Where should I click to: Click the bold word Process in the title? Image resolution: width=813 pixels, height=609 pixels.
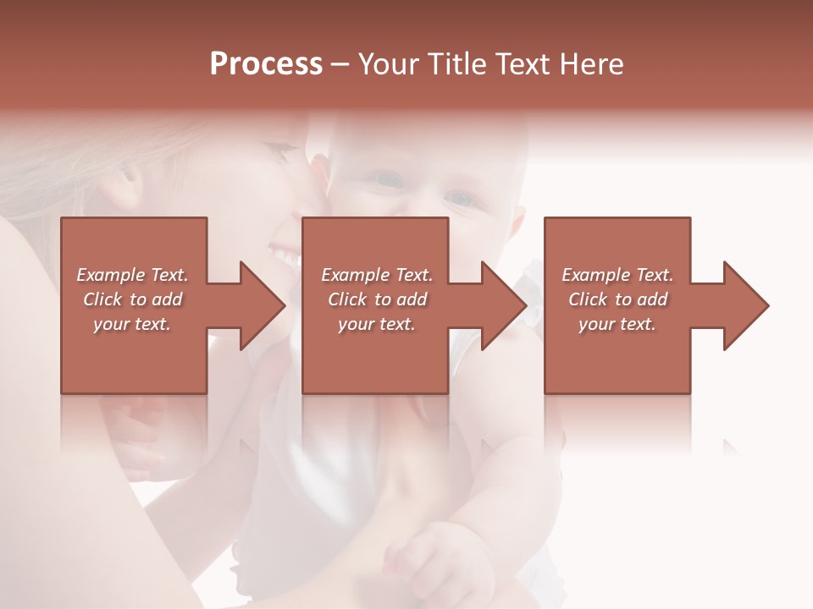(x=266, y=64)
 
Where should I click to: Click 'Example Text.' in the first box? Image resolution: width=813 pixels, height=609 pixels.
(x=132, y=275)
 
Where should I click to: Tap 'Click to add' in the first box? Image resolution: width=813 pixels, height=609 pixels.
(x=132, y=299)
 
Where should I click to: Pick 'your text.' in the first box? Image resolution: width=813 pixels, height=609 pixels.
(x=132, y=324)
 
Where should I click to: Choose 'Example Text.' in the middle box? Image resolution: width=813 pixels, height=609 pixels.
(x=377, y=275)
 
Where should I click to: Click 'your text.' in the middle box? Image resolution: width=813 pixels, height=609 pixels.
(x=377, y=324)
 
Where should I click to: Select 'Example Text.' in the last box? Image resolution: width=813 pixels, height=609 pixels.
(x=617, y=275)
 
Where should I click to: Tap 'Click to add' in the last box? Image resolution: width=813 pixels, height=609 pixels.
(x=617, y=299)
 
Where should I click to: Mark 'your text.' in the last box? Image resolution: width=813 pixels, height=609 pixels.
(x=617, y=324)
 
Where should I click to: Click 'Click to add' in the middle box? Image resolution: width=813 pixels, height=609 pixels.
(x=377, y=299)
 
